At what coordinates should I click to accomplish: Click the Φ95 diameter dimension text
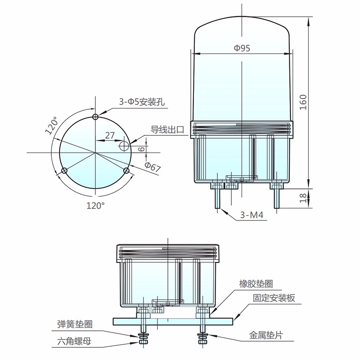(x=242, y=48)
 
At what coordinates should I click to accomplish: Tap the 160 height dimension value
(x=303, y=102)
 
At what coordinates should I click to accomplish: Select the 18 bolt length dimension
(x=303, y=198)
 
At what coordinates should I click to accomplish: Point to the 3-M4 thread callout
(x=252, y=215)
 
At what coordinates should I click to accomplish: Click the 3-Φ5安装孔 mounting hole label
(x=142, y=102)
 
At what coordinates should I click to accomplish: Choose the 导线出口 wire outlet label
(x=167, y=130)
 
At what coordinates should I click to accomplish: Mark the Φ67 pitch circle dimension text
(x=152, y=167)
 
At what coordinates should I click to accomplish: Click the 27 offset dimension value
(x=110, y=135)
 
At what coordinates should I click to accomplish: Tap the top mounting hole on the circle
(x=95, y=117)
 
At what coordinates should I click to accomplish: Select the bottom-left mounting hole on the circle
(x=64, y=171)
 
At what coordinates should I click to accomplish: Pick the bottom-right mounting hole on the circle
(x=126, y=171)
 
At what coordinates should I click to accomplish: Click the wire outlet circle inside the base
(x=124, y=145)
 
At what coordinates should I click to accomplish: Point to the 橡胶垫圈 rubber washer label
(x=256, y=284)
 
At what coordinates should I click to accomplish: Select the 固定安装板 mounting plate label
(x=274, y=298)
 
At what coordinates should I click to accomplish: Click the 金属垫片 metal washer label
(x=266, y=335)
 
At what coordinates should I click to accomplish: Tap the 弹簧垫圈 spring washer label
(x=75, y=324)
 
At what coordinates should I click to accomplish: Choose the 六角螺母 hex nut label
(x=74, y=342)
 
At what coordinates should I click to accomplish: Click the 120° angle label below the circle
(x=95, y=206)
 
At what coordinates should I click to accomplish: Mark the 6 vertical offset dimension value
(x=142, y=149)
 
